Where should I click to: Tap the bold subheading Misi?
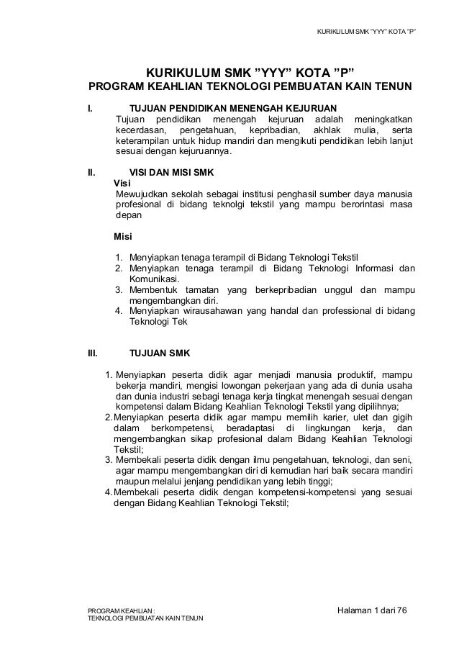point(124,236)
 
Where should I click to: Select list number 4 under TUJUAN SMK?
point(108,493)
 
